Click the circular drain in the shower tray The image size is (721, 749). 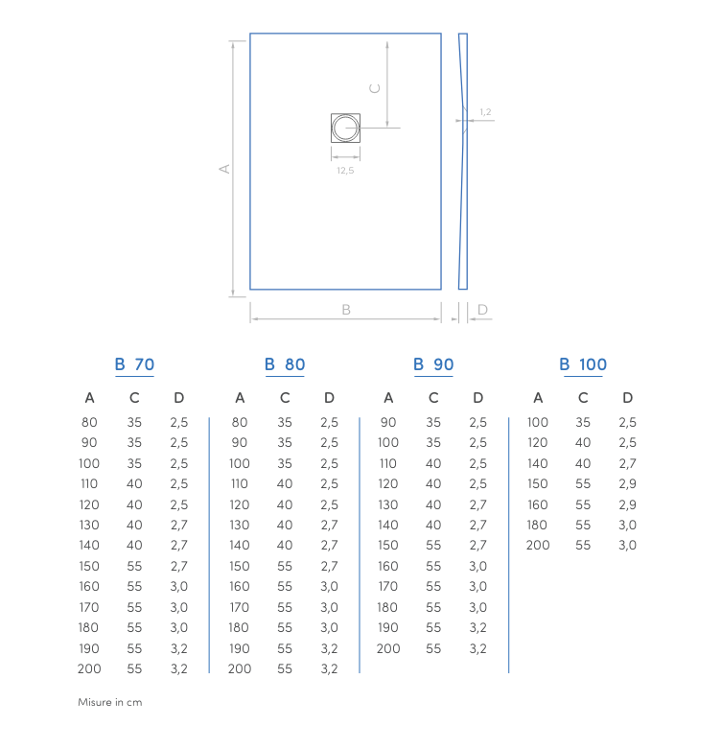coord(345,128)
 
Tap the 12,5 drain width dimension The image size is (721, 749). coord(345,170)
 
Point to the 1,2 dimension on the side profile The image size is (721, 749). coord(485,112)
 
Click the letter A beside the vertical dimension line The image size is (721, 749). coord(224,169)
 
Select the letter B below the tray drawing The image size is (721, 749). coord(346,309)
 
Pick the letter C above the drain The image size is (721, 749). coord(376,87)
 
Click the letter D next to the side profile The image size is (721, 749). coord(482,310)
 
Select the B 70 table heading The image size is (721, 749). coord(134,364)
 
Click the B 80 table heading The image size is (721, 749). coord(285,364)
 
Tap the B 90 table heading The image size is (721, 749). coord(433,364)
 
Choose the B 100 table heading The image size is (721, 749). coord(583,364)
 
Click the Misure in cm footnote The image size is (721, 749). coord(109,703)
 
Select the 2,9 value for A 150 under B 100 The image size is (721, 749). coord(627,483)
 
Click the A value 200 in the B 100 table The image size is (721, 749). coord(538,545)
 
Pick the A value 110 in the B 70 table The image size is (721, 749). coord(89,483)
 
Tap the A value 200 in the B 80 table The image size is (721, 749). coord(240,668)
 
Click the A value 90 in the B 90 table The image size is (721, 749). coord(388,422)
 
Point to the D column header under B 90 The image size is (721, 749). coord(478,398)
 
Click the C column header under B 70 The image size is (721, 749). coord(134,398)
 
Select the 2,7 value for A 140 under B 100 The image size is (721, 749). coord(627,463)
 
